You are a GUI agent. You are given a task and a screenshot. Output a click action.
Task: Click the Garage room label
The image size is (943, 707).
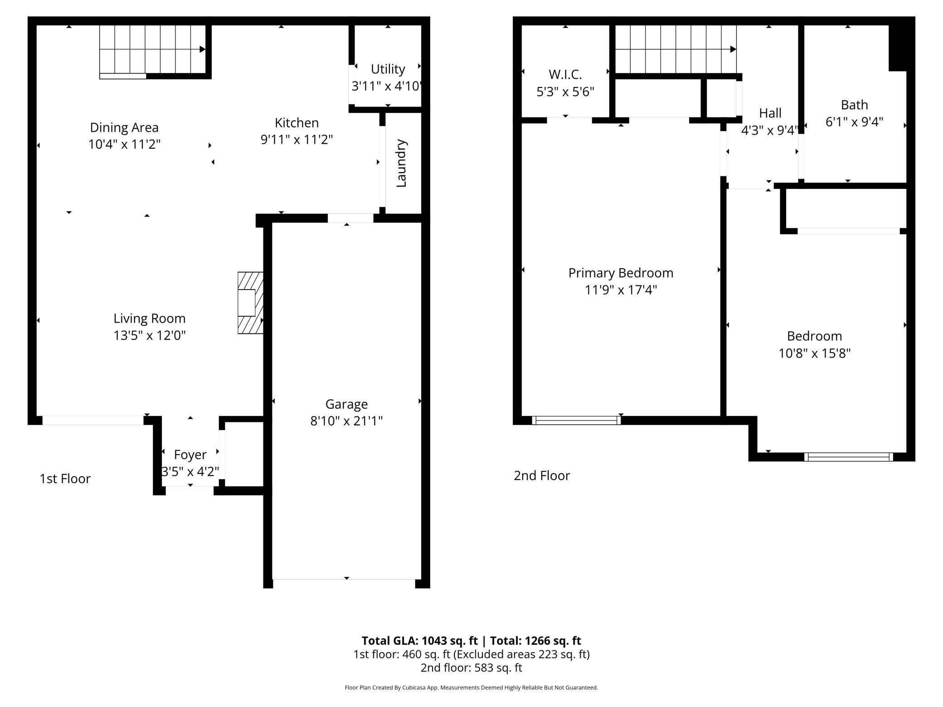pyautogui.click(x=346, y=404)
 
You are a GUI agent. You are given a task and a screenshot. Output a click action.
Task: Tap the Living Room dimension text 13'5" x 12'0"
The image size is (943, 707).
pyautogui.click(x=150, y=335)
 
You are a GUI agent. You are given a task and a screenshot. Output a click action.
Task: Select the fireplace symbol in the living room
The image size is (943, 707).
pyautogui.click(x=250, y=303)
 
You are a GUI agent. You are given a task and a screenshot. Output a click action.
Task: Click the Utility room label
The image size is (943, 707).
pyautogui.click(x=388, y=69)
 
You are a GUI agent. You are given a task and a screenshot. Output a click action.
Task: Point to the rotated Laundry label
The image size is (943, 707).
pyautogui.click(x=401, y=163)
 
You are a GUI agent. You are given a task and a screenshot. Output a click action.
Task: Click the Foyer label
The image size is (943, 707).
pyautogui.click(x=190, y=455)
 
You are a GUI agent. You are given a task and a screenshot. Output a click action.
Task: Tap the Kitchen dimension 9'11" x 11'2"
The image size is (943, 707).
pyautogui.click(x=297, y=140)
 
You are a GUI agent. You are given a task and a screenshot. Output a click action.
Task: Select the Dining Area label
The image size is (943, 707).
pyautogui.click(x=124, y=127)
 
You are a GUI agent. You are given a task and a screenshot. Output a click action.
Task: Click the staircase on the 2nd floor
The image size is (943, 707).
pyautogui.click(x=676, y=49)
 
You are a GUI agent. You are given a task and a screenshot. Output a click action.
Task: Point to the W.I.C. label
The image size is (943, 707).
pyautogui.click(x=565, y=74)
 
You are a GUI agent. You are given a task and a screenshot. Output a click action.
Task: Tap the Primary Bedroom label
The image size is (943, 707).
pyautogui.click(x=621, y=273)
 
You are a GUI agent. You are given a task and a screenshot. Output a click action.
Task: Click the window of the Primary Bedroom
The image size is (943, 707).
pyautogui.click(x=576, y=420)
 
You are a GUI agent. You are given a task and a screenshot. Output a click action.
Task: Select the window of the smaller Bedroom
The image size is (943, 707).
pyautogui.click(x=848, y=456)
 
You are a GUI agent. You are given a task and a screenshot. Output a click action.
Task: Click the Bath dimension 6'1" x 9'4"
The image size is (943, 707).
pyautogui.click(x=854, y=122)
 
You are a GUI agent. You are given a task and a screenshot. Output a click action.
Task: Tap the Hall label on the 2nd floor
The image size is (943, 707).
pyautogui.click(x=770, y=113)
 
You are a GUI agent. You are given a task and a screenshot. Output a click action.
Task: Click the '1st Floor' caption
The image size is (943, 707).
pyautogui.click(x=65, y=479)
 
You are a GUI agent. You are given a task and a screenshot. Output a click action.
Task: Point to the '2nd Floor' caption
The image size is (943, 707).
pyautogui.click(x=542, y=475)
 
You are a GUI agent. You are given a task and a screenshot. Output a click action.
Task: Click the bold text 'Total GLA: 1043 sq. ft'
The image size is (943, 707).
pyautogui.click(x=420, y=640)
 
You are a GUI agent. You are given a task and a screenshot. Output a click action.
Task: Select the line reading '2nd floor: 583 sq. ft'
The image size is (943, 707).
pyautogui.click(x=471, y=668)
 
